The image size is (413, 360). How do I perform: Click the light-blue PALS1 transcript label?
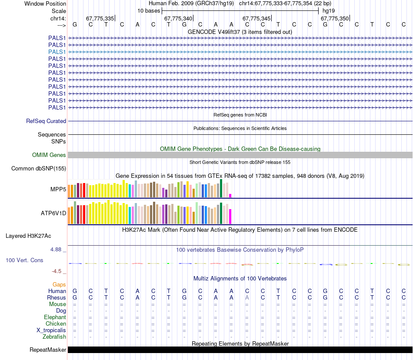pos(57,52)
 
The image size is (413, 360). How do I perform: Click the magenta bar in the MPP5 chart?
pos(230,195)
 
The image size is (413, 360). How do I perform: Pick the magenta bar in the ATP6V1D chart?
pos(230,216)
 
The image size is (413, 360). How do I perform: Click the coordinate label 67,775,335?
pos(100,18)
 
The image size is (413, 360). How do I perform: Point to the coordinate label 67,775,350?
pos(335,18)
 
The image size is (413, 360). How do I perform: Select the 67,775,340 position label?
pos(178,18)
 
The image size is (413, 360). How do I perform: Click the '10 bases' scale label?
pos(149,10)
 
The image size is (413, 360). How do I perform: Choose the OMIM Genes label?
pos(49,155)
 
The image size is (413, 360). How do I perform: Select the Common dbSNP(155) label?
pos(39,169)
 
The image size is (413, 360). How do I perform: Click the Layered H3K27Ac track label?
pos(28,236)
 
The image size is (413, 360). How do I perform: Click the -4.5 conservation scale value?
pos(57,271)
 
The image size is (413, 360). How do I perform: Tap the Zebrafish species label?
pos(54,337)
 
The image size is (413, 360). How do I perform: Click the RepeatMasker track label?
pos(48,350)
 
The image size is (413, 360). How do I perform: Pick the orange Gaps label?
pos(59,284)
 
